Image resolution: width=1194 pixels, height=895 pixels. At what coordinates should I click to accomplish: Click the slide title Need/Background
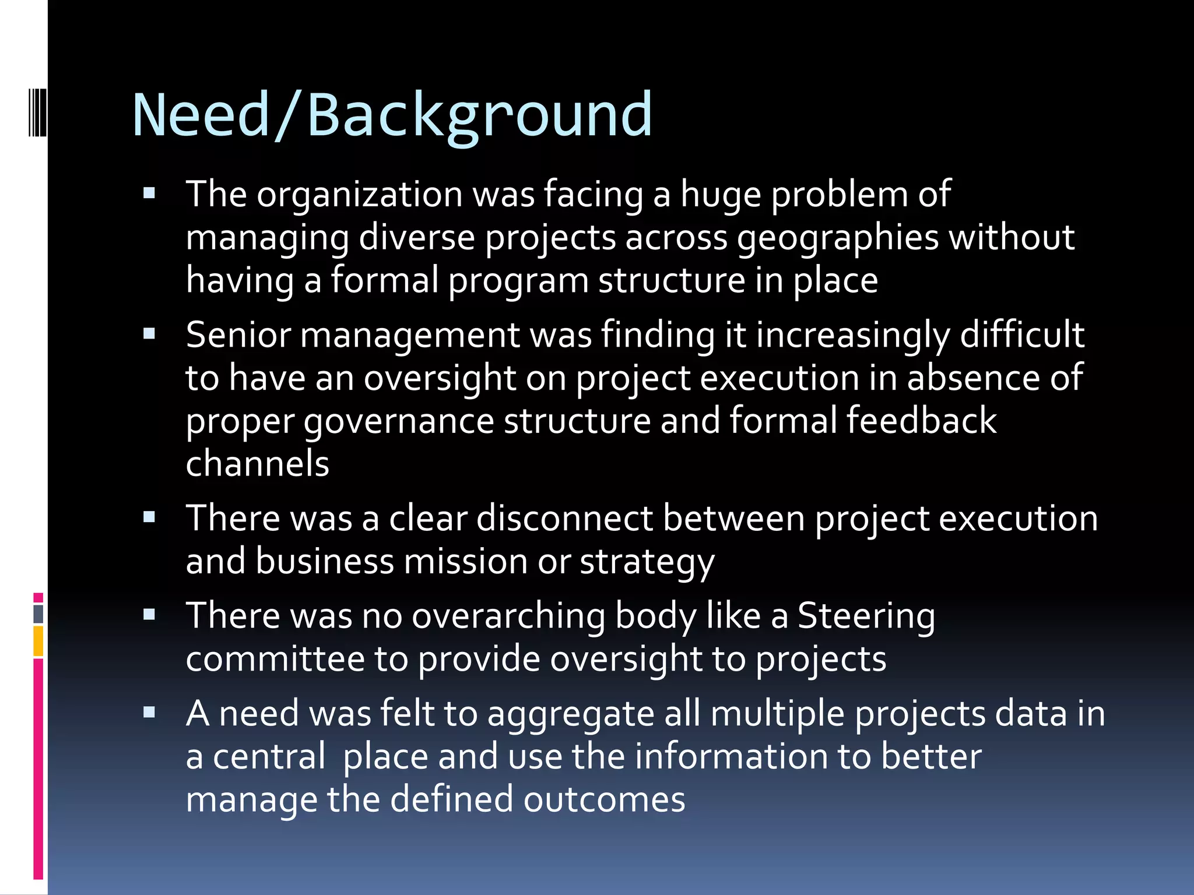point(392,115)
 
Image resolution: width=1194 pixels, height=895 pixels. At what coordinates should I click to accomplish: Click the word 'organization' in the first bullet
point(360,195)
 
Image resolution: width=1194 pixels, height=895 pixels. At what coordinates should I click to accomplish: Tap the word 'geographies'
point(838,238)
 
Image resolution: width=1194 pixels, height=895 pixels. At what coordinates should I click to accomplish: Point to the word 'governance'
point(399,422)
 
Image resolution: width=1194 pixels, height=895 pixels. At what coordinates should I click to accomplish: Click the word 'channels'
point(257,464)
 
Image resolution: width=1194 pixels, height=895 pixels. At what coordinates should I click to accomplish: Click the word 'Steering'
point(866,616)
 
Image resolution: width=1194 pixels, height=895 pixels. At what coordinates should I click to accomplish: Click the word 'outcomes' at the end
point(604,799)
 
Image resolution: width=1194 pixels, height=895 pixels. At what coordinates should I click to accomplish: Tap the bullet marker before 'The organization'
point(149,193)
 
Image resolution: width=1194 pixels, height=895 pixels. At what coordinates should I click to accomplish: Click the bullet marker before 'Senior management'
point(149,334)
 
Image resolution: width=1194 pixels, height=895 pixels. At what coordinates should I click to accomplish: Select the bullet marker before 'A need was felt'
point(149,713)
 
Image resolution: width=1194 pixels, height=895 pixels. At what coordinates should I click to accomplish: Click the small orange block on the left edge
point(38,641)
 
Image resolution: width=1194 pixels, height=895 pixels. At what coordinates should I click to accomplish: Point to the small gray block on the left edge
point(38,614)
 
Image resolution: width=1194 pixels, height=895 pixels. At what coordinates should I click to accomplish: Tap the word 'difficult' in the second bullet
point(1021,335)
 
